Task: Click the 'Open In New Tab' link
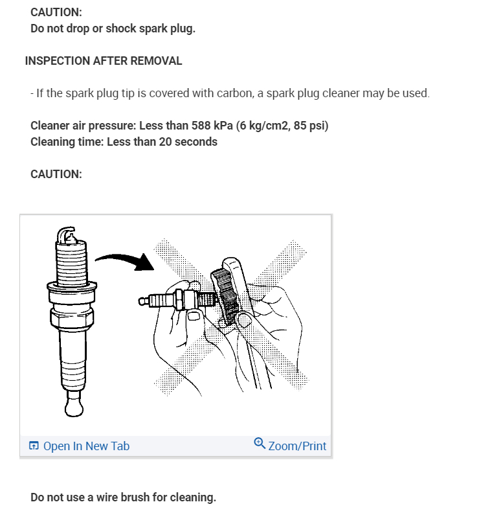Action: pos(86,446)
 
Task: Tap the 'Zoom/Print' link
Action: pos(297,446)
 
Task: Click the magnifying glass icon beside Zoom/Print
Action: pos(260,444)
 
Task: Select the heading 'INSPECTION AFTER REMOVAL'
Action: pos(104,61)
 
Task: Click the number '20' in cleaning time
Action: pos(165,142)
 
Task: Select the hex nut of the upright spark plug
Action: pos(72,319)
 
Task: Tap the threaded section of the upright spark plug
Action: pos(72,264)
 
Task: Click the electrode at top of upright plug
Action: pos(67,234)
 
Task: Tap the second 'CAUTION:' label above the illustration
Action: pos(56,174)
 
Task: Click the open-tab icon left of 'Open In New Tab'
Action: pos(34,446)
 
